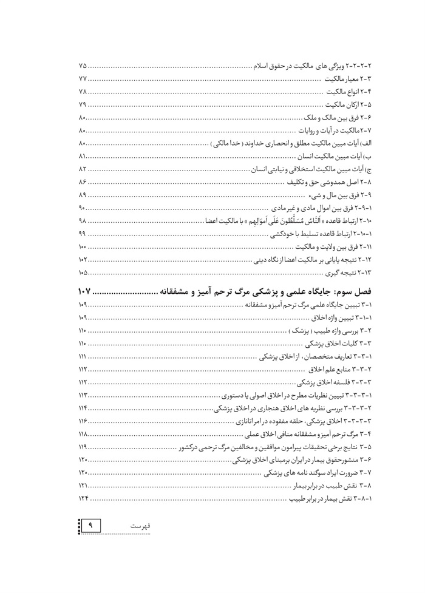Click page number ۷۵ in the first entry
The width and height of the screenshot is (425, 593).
coord(83,65)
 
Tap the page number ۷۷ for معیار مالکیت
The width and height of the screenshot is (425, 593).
coord(83,78)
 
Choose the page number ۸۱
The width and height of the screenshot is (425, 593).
coord(83,157)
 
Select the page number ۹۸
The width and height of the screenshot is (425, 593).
coord(83,222)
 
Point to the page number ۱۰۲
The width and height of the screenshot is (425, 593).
coord(83,262)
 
